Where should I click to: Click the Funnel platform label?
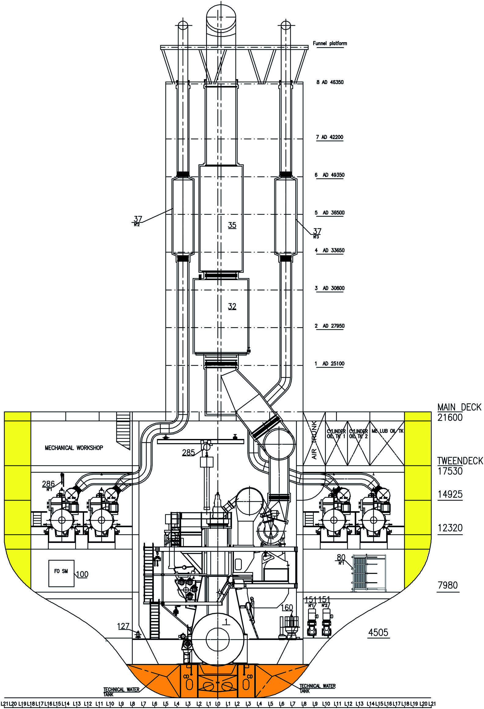(x=330, y=43)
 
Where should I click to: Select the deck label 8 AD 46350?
(x=330, y=82)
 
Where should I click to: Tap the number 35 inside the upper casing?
(x=232, y=225)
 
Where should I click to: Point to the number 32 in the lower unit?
(x=232, y=306)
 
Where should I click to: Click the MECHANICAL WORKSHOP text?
(x=74, y=448)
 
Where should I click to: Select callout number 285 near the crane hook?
(x=188, y=452)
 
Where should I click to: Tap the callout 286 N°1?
(x=48, y=484)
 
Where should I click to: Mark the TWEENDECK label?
(x=460, y=461)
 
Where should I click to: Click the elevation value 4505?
(x=378, y=632)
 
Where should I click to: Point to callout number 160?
(x=286, y=607)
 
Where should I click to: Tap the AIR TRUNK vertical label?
(x=314, y=440)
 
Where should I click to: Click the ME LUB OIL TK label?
(x=387, y=431)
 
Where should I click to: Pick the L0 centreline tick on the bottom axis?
(x=217, y=703)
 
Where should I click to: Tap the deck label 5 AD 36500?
(x=330, y=213)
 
